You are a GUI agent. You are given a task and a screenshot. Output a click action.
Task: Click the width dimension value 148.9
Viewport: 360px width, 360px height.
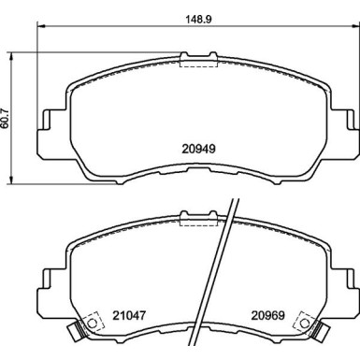tap(198, 20)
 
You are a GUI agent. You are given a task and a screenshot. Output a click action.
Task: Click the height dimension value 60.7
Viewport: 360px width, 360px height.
tap(6, 118)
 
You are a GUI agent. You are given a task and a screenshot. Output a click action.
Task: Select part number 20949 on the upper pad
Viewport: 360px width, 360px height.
tap(198, 149)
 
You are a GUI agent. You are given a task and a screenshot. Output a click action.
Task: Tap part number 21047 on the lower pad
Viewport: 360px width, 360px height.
tap(129, 315)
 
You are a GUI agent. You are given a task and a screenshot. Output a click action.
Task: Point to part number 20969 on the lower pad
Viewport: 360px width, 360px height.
tap(268, 315)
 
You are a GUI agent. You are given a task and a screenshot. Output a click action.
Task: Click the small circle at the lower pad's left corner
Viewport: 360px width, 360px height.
tap(92, 323)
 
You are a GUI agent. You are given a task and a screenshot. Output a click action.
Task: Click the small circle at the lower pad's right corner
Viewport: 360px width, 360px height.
tap(305, 323)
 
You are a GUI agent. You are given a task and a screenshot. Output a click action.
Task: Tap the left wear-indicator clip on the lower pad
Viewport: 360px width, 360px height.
tap(76, 330)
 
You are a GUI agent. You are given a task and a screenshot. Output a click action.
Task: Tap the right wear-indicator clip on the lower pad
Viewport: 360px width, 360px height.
tap(321, 330)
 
